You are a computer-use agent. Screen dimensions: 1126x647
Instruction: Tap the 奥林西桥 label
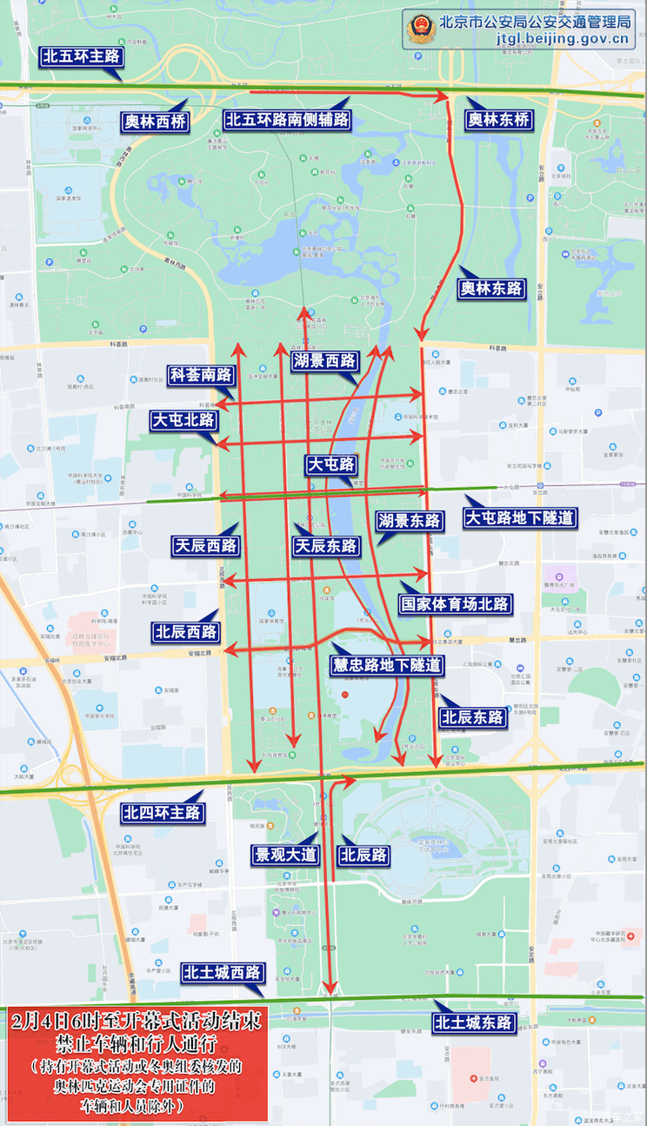(155, 122)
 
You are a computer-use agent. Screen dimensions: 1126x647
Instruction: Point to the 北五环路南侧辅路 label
(287, 120)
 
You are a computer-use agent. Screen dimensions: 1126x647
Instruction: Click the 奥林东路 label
(492, 288)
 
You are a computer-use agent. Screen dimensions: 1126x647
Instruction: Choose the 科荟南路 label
(202, 375)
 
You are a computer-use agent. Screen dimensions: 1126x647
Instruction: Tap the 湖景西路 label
(325, 361)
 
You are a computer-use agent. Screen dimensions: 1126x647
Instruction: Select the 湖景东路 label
(410, 521)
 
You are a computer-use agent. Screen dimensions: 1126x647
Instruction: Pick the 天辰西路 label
(206, 545)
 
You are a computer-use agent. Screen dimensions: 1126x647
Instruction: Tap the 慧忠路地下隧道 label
(387, 665)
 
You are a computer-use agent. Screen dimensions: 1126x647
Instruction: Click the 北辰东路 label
(472, 717)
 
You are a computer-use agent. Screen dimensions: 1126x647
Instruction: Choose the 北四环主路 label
(163, 813)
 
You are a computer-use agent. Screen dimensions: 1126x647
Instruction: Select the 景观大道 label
(284, 855)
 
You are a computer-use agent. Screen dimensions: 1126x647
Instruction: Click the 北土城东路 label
(474, 1023)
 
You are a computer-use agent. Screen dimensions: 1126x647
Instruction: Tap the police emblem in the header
(420, 30)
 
